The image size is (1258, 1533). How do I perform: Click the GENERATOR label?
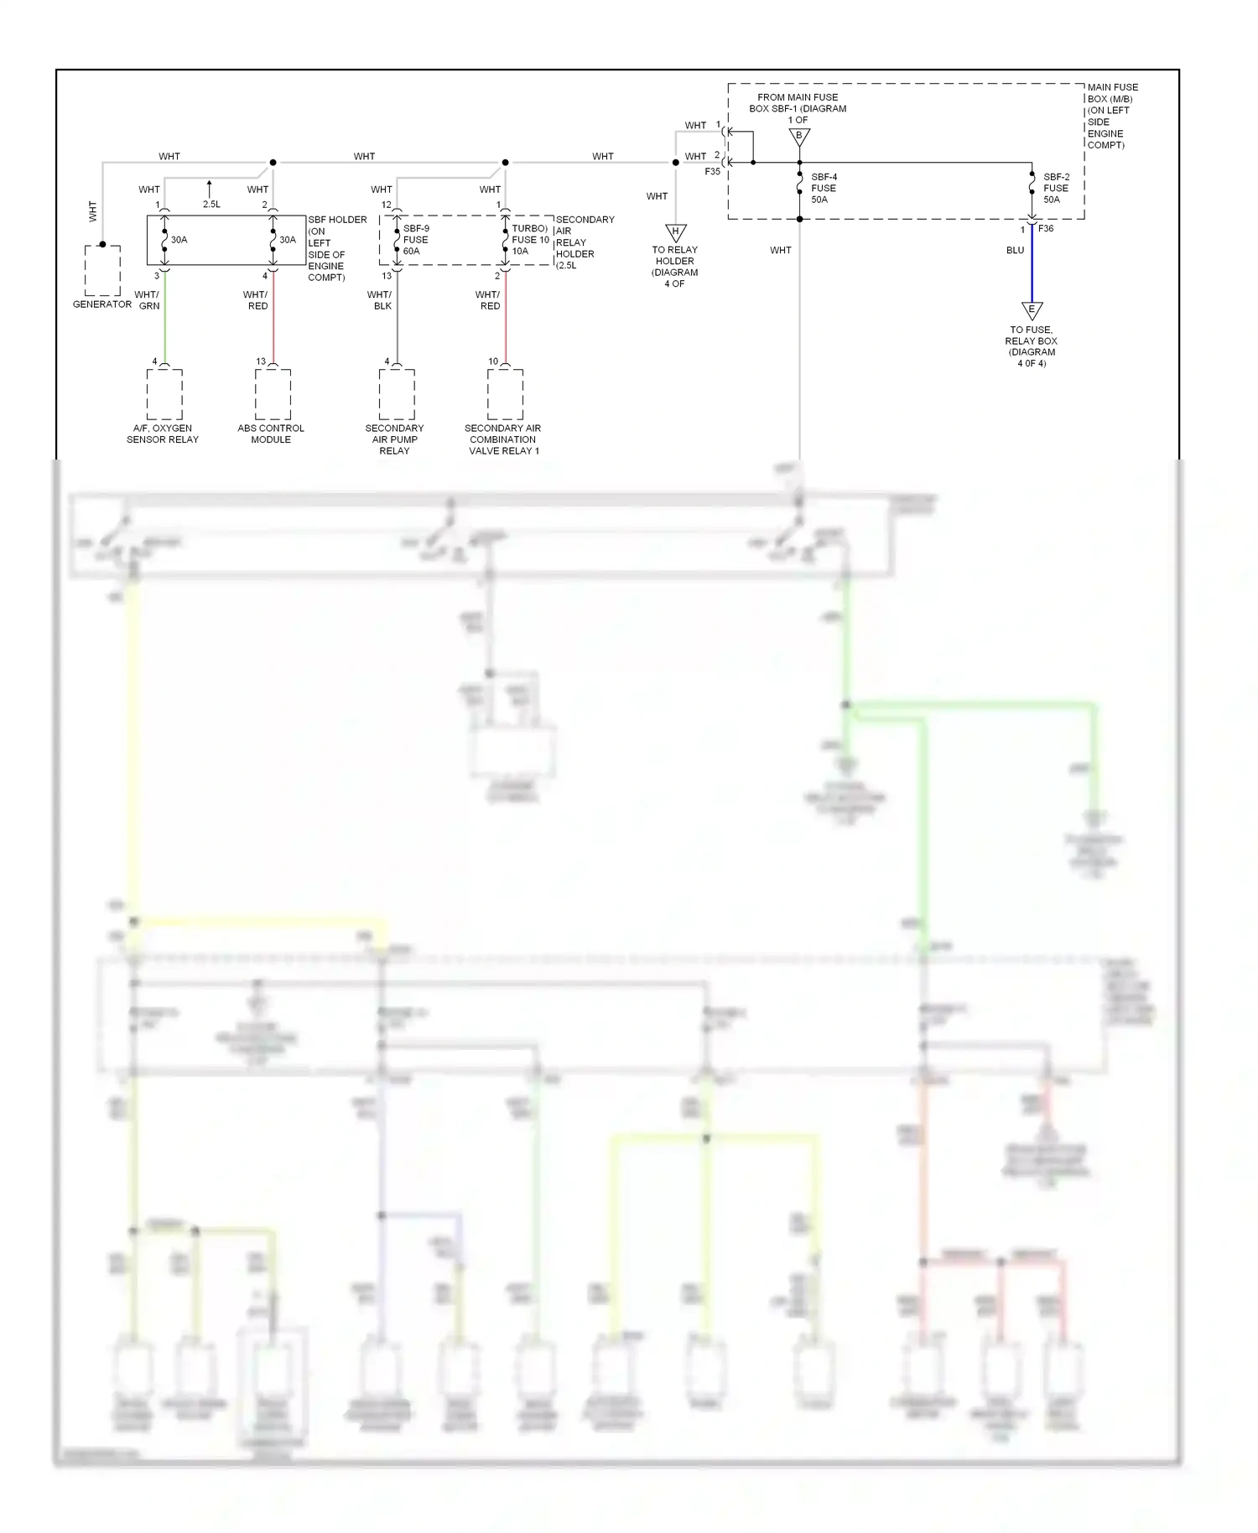(102, 304)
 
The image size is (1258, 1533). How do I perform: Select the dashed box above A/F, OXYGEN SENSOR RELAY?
(164, 394)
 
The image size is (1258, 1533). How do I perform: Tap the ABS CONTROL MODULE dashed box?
(273, 394)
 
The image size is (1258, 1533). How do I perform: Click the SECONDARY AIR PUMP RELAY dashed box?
(397, 394)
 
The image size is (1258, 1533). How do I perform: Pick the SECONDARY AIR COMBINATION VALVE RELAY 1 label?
(503, 439)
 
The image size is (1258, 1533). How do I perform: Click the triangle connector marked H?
(676, 232)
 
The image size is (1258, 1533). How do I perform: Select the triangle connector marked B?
(799, 137)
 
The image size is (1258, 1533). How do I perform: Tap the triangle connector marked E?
(1032, 310)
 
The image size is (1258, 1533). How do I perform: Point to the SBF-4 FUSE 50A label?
(823, 189)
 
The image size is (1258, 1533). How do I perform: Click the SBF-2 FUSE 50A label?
(1056, 189)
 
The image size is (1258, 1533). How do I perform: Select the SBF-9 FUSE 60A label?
(415, 240)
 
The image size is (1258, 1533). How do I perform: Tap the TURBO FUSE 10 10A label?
(530, 240)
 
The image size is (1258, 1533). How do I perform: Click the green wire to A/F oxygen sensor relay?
(164, 319)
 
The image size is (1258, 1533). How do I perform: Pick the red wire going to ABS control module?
(273, 319)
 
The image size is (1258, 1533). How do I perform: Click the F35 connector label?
(712, 172)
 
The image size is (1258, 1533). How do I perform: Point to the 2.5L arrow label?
(211, 205)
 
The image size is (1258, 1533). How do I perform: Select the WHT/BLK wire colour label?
(380, 300)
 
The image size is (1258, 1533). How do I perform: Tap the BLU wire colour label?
(1015, 251)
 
